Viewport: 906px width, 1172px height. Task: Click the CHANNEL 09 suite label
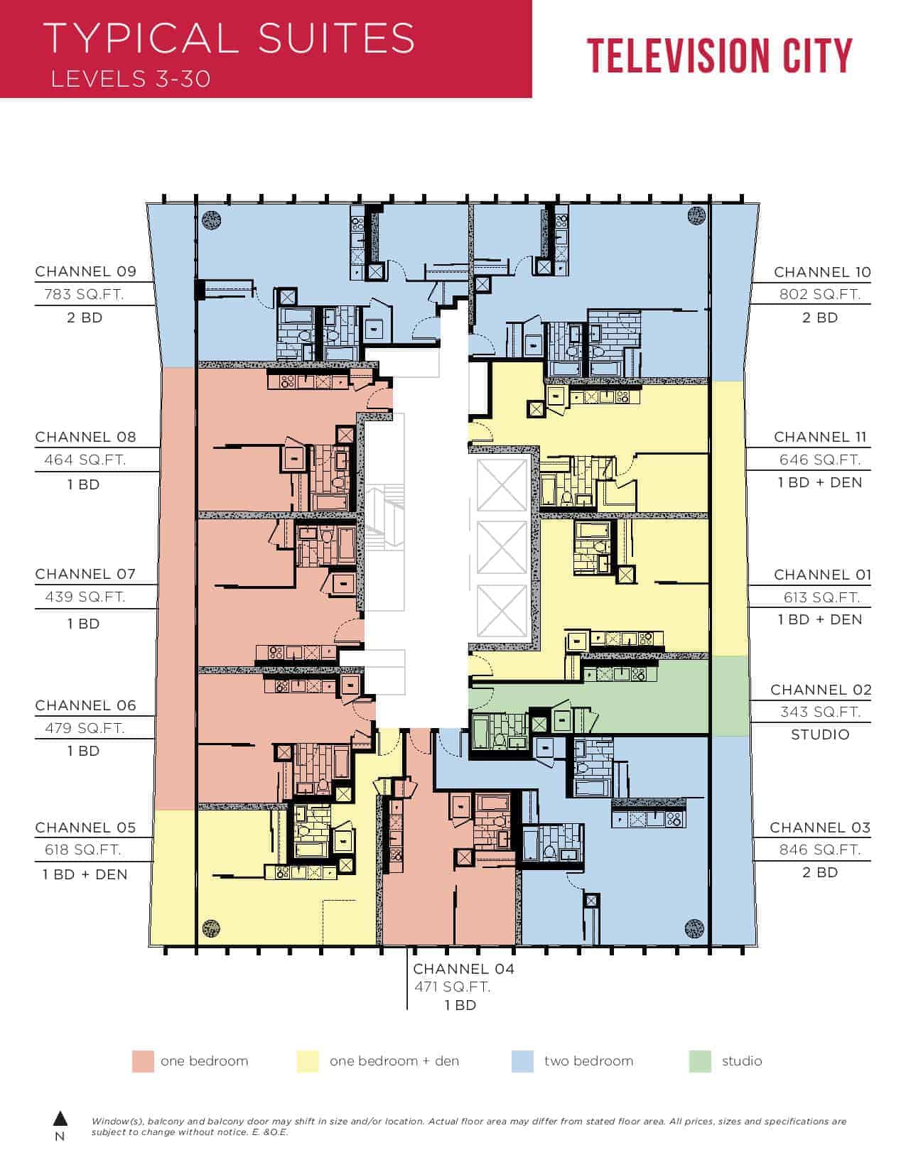pos(85,271)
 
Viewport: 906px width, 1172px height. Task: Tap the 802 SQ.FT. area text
pos(819,295)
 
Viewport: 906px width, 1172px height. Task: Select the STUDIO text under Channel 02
pos(819,734)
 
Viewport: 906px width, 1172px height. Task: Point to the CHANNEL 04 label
pos(463,969)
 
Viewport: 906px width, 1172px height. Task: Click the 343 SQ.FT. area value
pos(819,712)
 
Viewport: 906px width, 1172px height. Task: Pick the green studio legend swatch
pos(700,1061)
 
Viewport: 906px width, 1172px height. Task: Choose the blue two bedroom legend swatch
pos(522,1061)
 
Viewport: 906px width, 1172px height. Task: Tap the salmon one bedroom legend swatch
pos(143,1061)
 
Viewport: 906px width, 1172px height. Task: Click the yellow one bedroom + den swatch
pos(308,1061)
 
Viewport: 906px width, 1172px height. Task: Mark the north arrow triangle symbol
pos(60,1119)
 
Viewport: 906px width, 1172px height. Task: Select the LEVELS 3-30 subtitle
pos(131,80)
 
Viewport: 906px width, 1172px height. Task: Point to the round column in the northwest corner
pos(212,219)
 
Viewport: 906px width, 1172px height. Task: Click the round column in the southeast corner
pos(694,928)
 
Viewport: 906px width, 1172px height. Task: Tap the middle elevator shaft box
pos(502,548)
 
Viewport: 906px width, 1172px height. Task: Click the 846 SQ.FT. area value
pos(819,850)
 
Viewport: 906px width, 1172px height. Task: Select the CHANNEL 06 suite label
pos(85,705)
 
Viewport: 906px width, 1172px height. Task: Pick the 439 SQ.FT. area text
pos(85,597)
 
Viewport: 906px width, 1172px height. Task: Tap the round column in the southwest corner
pos(211,928)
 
